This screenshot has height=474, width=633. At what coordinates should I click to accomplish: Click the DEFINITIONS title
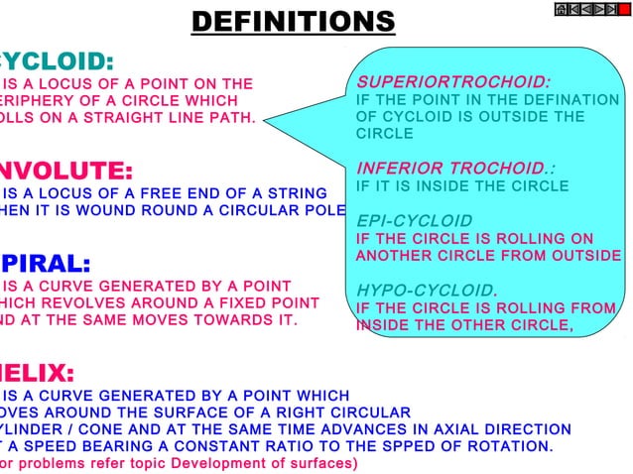coord(293,21)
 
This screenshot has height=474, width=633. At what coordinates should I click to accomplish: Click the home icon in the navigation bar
coord(561,10)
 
